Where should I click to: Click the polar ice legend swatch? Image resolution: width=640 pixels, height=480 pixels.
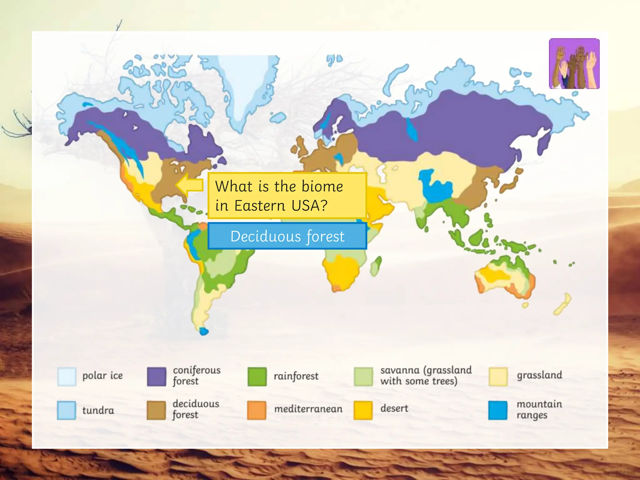[67, 377]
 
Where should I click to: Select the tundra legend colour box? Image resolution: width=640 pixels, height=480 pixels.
[67, 410]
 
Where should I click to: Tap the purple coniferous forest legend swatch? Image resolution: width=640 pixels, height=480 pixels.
[156, 377]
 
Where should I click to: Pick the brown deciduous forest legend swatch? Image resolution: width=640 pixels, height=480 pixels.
[156, 410]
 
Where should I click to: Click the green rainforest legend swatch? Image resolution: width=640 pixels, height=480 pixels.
[257, 377]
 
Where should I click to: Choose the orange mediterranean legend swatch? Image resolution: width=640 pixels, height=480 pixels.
[257, 410]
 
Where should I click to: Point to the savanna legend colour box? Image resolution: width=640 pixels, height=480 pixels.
[363, 377]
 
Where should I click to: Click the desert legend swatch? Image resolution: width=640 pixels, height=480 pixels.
[363, 410]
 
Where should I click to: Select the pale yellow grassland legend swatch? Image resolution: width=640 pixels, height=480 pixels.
[498, 377]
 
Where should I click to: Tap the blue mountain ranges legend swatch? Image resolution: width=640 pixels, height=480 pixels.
[498, 410]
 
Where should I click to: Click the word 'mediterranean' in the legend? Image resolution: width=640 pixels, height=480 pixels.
[308, 409]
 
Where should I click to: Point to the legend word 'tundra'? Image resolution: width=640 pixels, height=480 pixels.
[98, 410]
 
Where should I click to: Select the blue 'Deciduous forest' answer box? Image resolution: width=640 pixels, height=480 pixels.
[287, 236]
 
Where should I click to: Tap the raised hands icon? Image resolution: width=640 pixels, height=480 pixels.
[574, 64]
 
